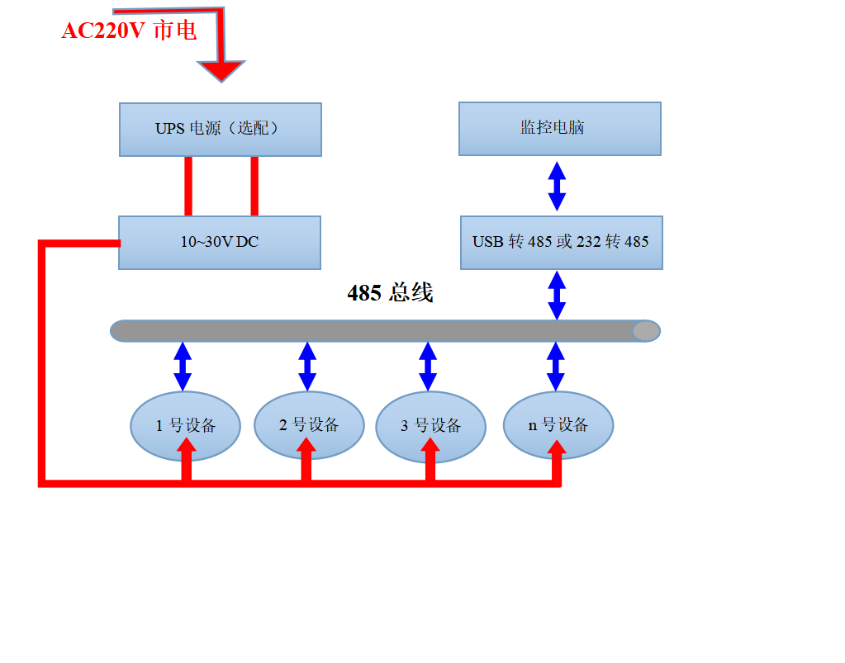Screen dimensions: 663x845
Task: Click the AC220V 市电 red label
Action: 129,31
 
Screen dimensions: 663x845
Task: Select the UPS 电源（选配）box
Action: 220,129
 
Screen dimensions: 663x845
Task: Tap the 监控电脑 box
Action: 559,128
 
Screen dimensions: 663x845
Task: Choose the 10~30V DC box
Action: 219,242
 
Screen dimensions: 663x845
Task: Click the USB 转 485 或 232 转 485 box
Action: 561,242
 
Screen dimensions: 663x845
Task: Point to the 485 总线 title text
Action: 390,292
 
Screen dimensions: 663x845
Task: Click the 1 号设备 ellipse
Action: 185,425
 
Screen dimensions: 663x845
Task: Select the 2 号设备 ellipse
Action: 308,424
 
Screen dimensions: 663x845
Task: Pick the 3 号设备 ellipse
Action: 430,426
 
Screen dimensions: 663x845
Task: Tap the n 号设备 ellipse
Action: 558,424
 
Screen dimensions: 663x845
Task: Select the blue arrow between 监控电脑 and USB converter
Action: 558,186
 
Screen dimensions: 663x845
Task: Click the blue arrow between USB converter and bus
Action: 557,295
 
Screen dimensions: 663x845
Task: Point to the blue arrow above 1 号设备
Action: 183,366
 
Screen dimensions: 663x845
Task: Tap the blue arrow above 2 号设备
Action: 307,366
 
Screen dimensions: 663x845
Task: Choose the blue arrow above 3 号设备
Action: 428,366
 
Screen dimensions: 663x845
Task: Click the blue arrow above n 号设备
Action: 556,366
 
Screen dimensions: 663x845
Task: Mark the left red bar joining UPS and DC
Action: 188,186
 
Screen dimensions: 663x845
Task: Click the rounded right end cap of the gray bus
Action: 646,331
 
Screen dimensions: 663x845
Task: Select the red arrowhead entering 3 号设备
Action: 430,446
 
